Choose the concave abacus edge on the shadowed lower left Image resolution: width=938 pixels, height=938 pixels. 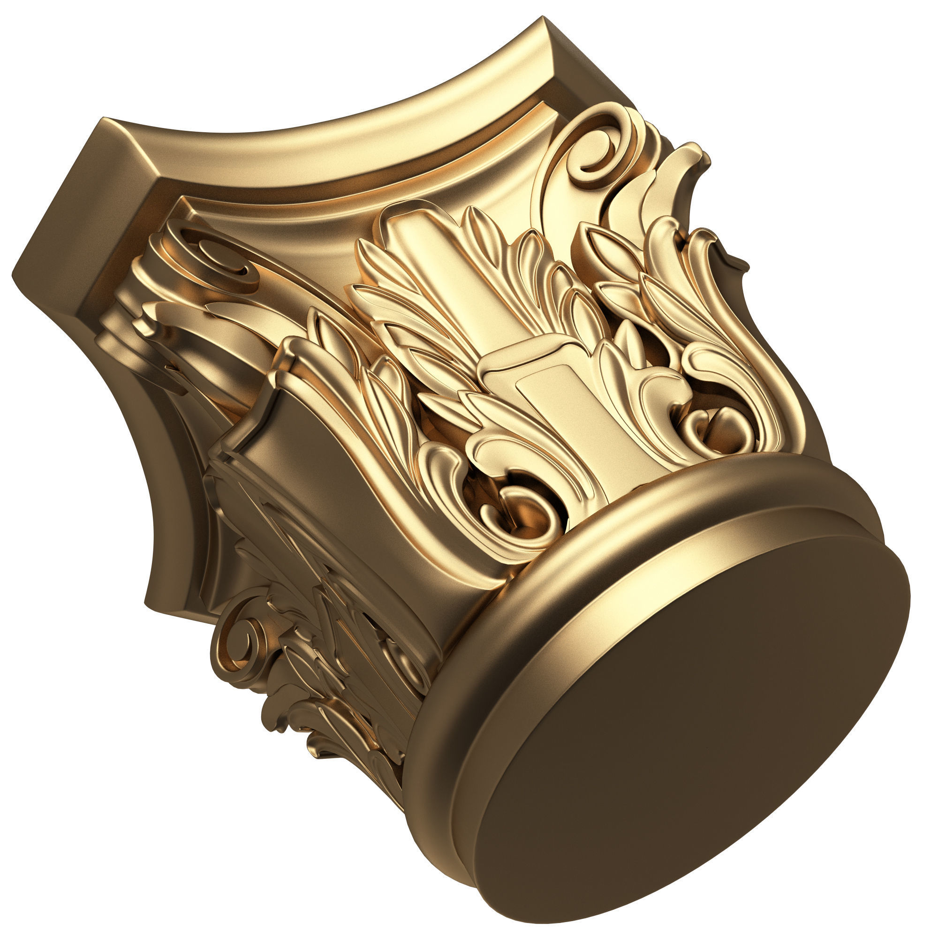160,510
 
